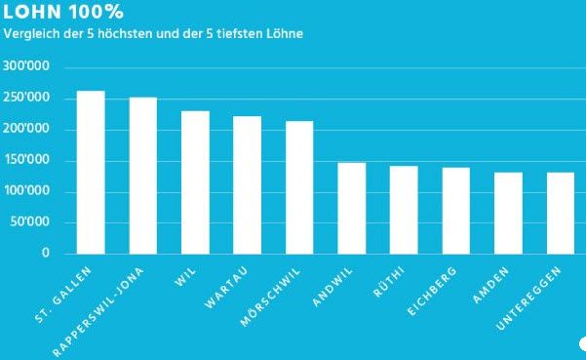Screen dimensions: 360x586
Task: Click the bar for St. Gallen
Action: pyautogui.click(x=91, y=173)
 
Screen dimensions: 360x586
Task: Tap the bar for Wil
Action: pyautogui.click(x=195, y=182)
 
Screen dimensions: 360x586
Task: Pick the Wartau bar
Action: pyautogui.click(x=247, y=185)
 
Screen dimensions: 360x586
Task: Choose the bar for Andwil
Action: pyautogui.click(x=351, y=208)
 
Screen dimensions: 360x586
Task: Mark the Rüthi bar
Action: pyautogui.click(x=404, y=210)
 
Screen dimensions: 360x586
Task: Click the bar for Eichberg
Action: pyautogui.click(x=455, y=211)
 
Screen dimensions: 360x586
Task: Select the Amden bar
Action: pyautogui.click(x=508, y=213)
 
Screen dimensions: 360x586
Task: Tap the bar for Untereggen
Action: pyautogui.click(x=560, y=213)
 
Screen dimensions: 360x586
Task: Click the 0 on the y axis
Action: pyautogui.click(x=45, y=254)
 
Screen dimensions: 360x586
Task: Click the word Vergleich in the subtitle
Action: pyautogui.click(x=27, y=35)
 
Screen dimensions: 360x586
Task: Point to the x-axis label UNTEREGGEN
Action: pyautogui.click(x=533, y=298)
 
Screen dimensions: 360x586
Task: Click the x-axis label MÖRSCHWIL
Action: pyautogui.click(x=277, y=296)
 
